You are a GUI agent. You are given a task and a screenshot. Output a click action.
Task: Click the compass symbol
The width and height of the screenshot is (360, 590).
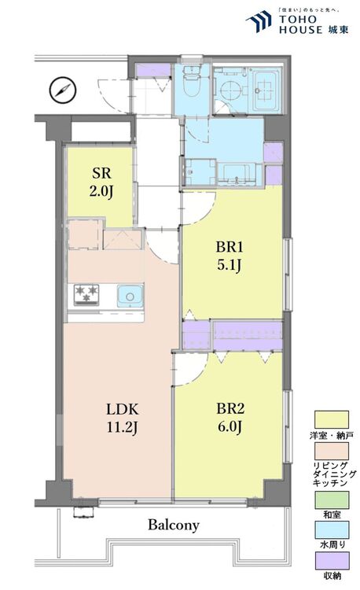(x=62, y=90)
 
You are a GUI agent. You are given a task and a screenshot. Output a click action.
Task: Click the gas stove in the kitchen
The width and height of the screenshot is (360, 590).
(x=86, y=295)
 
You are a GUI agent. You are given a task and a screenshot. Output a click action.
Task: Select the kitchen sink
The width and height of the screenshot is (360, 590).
(x=129, y=296)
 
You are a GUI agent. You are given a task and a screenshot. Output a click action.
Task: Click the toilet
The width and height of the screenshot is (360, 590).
(x=189, y=83)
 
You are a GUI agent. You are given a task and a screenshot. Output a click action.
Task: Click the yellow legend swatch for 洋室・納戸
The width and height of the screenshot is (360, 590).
(x=332, y=419)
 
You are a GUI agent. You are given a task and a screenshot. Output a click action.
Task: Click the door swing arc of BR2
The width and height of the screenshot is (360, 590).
(x=191, y=368)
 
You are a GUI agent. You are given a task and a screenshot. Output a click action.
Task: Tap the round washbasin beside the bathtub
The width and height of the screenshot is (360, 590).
(x=229, y=90)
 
